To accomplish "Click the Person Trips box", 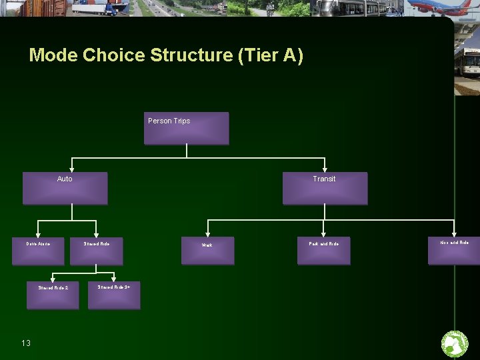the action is (187, 128).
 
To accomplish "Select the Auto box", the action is (65, 188).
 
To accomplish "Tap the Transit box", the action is (325, 188).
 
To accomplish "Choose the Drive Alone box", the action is (38, 251).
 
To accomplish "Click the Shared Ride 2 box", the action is (53, 294).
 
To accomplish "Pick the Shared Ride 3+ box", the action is (114, 294).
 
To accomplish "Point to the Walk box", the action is (208, 251).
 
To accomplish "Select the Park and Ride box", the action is (323, 251).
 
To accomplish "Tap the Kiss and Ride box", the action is (454, 251).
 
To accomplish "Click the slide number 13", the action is (26, 343).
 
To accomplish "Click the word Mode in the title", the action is (53, 55).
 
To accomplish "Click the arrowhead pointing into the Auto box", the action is (71, 168).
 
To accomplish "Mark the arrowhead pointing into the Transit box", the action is (325, 168).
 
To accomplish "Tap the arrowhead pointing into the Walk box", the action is (208, 233).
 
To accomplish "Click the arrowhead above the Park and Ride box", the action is (324, 233).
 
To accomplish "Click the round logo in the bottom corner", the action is (455, 344).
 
